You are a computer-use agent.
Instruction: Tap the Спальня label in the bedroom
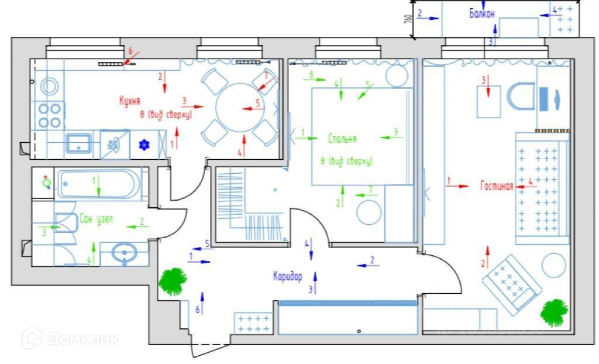[342, 139]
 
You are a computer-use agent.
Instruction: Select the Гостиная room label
[497, 186]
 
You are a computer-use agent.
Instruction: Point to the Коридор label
[287, 275]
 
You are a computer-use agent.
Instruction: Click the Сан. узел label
[97, 219]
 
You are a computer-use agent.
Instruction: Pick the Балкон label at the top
[482, 13]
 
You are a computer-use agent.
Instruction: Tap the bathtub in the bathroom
[98, 184]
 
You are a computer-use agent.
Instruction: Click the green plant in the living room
[553, 313]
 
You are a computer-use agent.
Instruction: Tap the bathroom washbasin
[125, 254]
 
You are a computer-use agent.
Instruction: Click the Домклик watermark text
[70, 338]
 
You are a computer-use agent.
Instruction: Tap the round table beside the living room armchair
[553, 265]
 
